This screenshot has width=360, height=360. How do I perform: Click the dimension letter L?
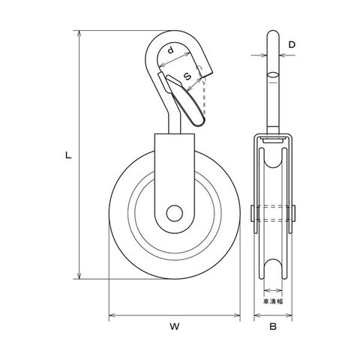tap(68, 155)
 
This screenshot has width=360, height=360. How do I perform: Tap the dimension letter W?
tap(175, 326)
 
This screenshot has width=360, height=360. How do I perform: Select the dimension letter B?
tap(273, 326)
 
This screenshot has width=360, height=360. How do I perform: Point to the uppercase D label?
tap(292, 45)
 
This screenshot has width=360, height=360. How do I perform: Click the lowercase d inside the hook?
tap(170, 50)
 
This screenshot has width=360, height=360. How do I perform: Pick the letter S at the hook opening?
tap(187, 76)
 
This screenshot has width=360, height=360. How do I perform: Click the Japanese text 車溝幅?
tap(273, 301)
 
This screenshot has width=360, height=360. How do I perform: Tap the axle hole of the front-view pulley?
tap(174, 213)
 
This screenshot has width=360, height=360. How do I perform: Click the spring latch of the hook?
tap(185, 100)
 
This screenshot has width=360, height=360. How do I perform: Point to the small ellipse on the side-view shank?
tap(273, 75)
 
